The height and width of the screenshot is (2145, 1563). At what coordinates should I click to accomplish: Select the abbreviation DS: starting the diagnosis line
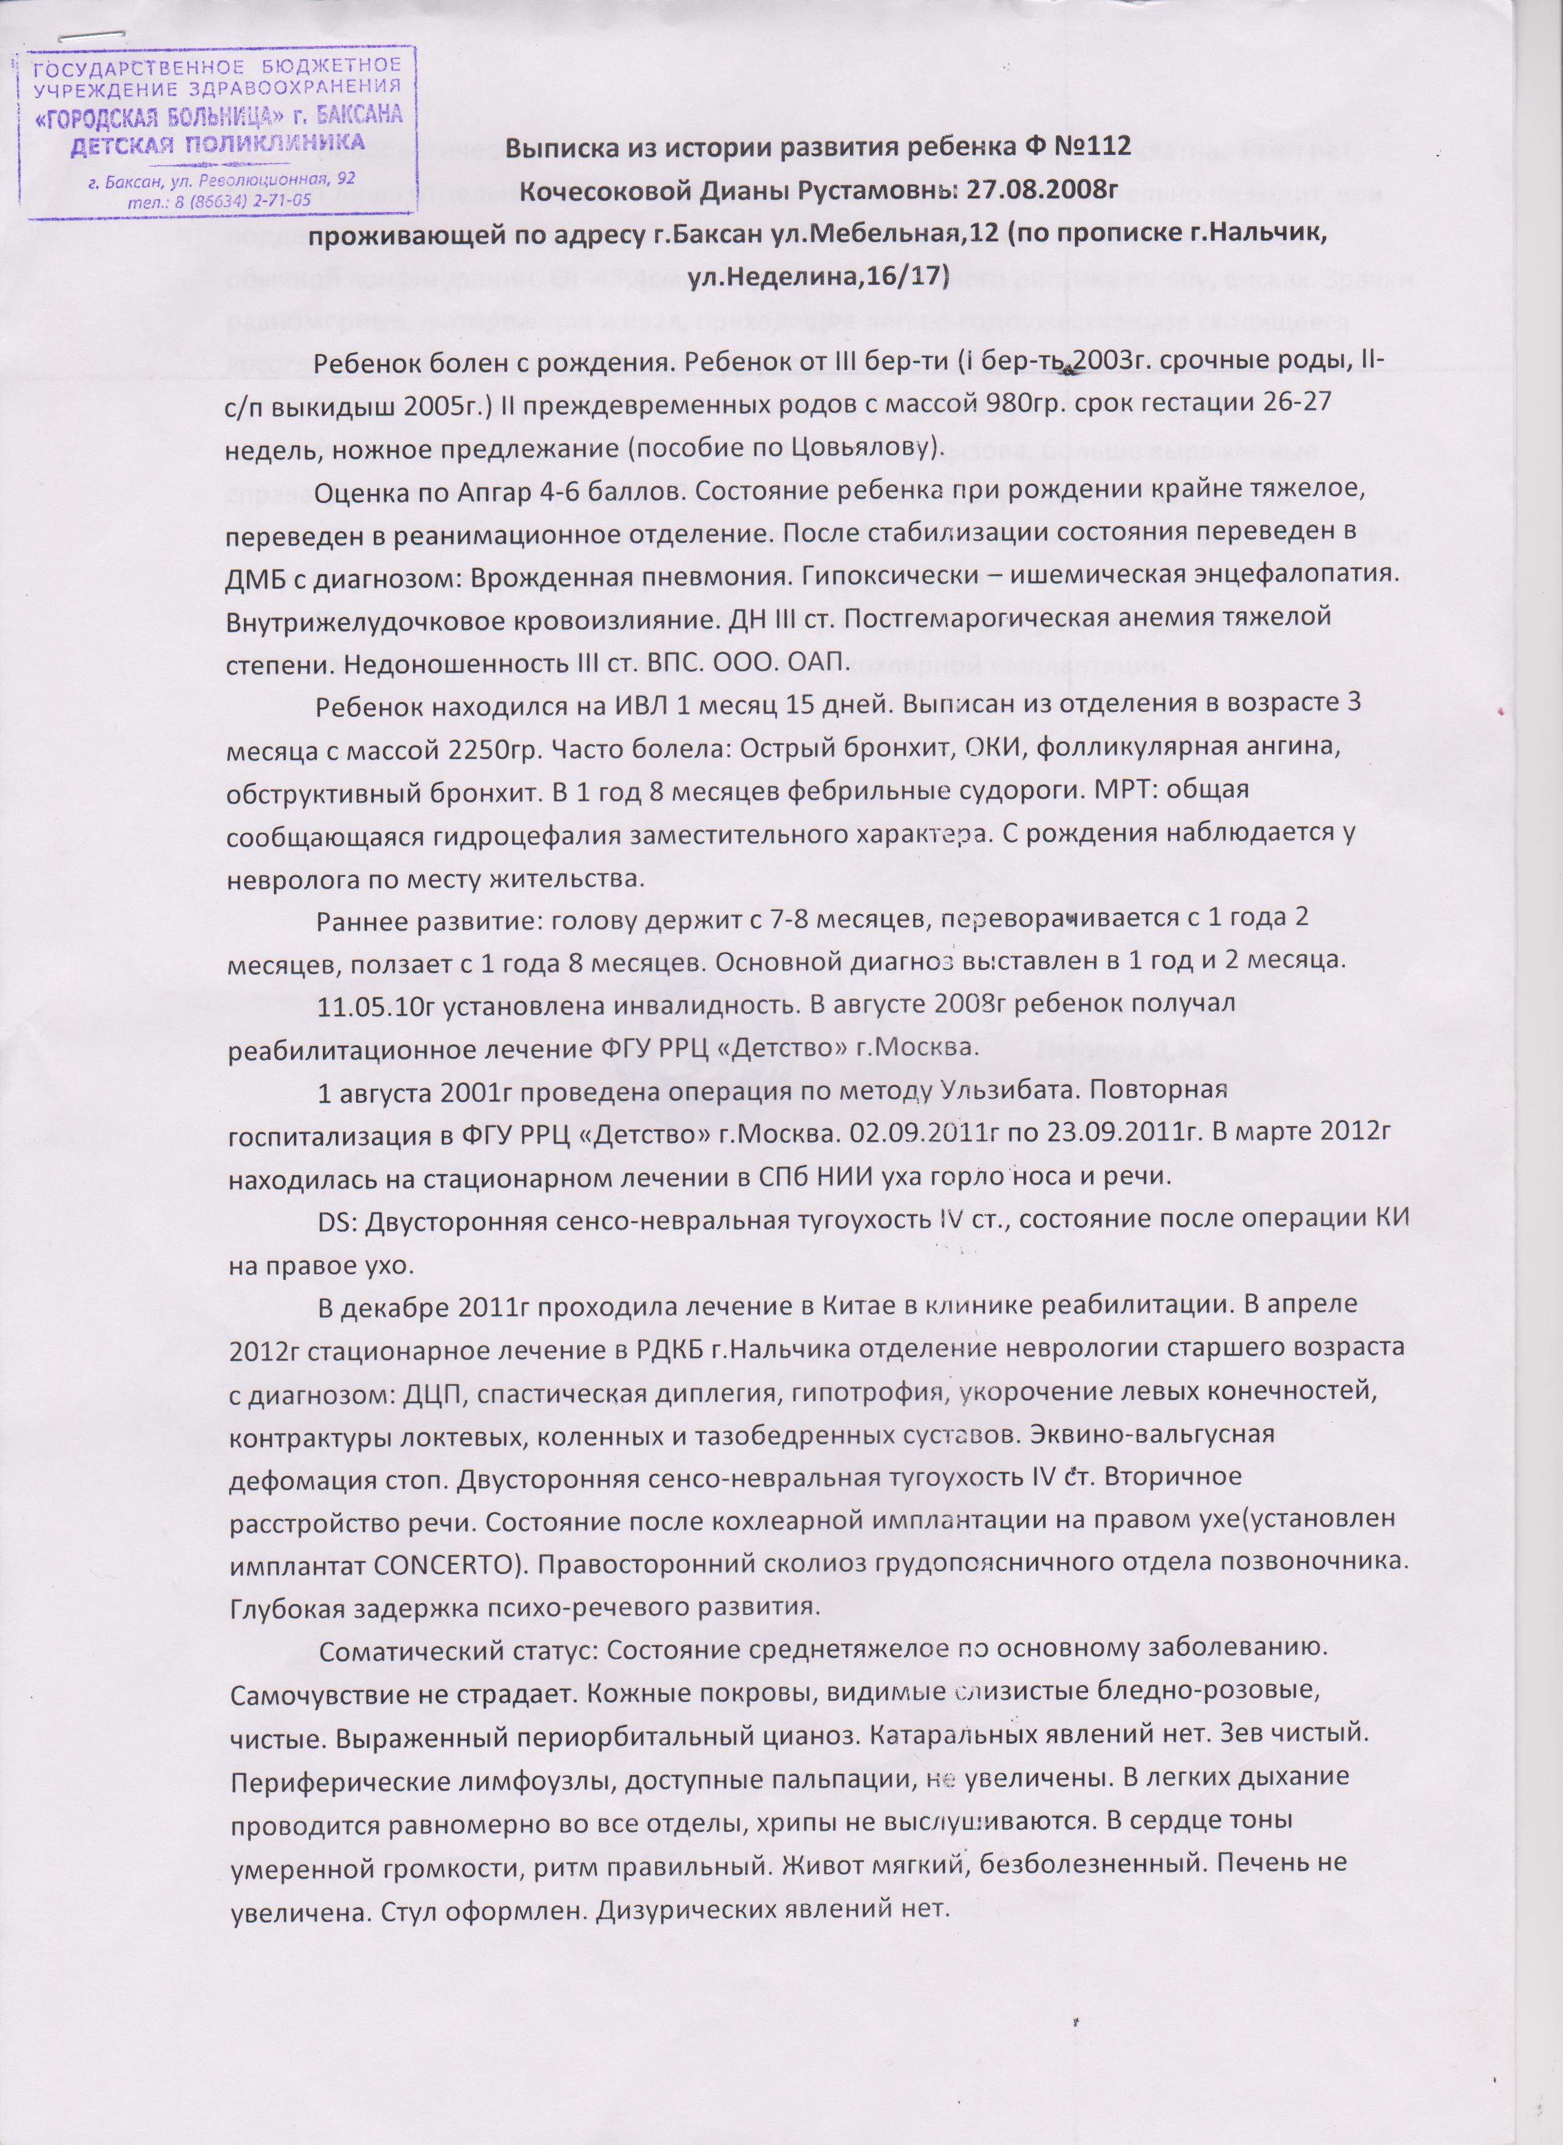pos(343,1220)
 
